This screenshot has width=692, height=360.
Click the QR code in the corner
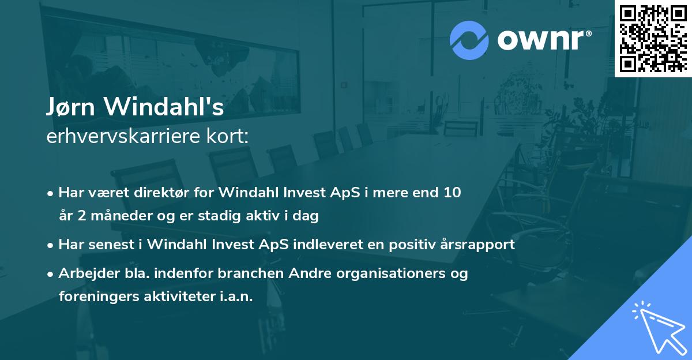(653, 38)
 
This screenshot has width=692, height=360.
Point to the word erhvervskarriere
(122, 136)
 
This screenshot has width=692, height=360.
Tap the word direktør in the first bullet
(170, 192)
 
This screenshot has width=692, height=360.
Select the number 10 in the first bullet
(452, 192)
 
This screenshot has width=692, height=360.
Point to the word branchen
(239, 273)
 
